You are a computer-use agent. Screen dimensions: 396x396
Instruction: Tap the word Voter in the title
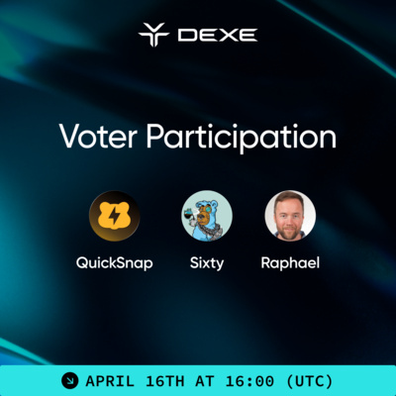[x=92, y=136]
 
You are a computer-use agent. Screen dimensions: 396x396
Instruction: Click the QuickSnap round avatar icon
[x=114, y=216]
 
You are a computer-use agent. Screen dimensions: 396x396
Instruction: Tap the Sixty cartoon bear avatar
[x=207, y=216]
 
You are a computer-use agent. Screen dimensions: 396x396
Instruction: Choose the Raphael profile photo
[x=290, y=216]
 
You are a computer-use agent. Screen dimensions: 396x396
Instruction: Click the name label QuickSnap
[x=114, y=264]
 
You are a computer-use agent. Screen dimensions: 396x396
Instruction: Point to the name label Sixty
[x=207, y=264]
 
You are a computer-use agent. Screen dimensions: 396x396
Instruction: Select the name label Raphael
[x=291, y=264]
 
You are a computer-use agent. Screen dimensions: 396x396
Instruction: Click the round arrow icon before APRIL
[x=70, y=380]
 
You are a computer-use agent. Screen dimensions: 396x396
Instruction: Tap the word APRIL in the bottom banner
[x=111, y=380]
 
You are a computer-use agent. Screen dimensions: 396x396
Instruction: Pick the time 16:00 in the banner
[x=254, y=380]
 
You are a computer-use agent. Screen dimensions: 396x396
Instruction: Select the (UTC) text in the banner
[x=309, y=380]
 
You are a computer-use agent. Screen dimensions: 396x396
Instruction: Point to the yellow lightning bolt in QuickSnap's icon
[x=115, y=216]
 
